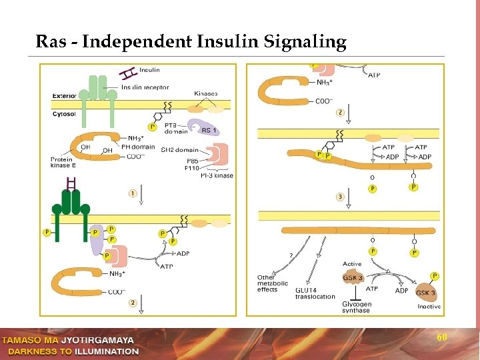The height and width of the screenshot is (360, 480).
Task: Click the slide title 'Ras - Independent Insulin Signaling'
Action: click(191, 42)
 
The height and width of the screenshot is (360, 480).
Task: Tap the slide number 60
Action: click(441, 338)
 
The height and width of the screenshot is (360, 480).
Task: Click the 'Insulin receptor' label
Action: click(144, 87)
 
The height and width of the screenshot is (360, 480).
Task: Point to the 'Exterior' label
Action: click(65, 96)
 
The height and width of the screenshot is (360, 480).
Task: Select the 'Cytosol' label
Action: click(64, 114)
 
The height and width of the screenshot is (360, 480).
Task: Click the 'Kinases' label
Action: click(205, 94)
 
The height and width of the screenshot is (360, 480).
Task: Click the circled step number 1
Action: click(133, 193)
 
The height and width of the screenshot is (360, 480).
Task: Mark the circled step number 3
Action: click(340, 197)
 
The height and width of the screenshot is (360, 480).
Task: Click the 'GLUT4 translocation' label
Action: click(315, 293)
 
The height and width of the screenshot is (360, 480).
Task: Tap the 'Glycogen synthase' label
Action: click(355, 307)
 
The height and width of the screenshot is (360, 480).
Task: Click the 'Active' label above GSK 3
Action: click(352, 265)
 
